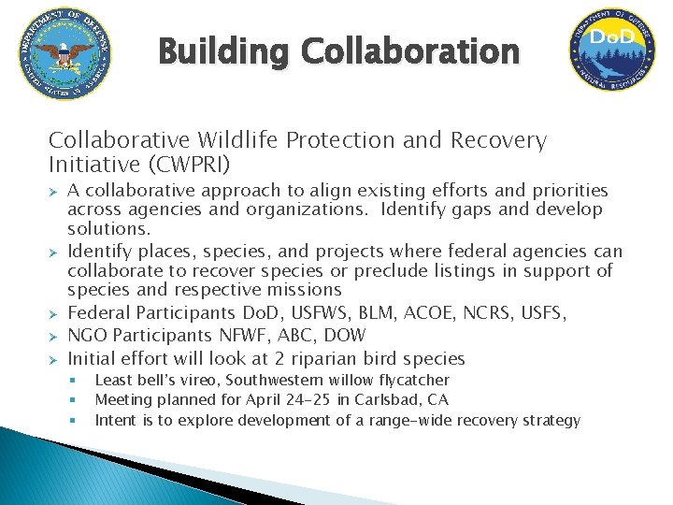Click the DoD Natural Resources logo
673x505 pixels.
[612, 51]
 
